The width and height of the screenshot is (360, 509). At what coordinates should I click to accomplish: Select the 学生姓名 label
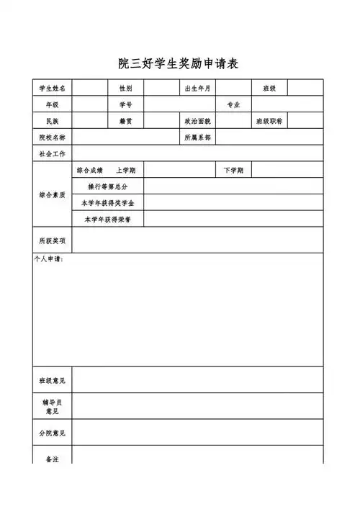click(x=52, y=89)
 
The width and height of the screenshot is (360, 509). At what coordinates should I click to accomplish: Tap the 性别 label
click(x=125, y=89)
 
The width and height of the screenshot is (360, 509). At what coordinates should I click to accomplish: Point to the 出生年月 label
click(x=197, y=89)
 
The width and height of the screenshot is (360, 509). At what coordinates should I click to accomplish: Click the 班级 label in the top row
click(x=269, y=89)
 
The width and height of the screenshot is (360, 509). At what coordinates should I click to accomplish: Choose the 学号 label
click(x=125, y=105)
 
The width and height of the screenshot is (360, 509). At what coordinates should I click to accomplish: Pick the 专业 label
click(x=233, y=105)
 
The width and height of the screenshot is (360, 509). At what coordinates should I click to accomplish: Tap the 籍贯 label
click(x=125, y=122)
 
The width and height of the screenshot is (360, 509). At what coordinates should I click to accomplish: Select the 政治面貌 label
click(x=197, y=122)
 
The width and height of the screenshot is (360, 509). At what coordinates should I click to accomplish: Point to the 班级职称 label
click(x=269, y=122)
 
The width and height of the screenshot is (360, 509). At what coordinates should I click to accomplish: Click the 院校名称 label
click(x=52, y=138)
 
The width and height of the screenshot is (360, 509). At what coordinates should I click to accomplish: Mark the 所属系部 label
click(x=197, y=138)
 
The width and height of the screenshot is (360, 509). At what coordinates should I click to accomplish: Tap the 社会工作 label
click(x=52, y=154)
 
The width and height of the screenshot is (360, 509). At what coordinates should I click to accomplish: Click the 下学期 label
click(x=233, y=171)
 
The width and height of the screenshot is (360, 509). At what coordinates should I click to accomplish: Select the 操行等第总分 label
click(x=107, y=186)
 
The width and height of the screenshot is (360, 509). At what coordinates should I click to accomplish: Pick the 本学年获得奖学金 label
click(x=107, y=203)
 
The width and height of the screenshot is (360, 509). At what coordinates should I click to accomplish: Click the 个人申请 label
click(x=49, y=259)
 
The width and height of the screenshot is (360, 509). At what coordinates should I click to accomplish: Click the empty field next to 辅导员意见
click(x=197, y=406)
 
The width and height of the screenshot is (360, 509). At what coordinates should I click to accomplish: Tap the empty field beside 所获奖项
click(x=197, y=240)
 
